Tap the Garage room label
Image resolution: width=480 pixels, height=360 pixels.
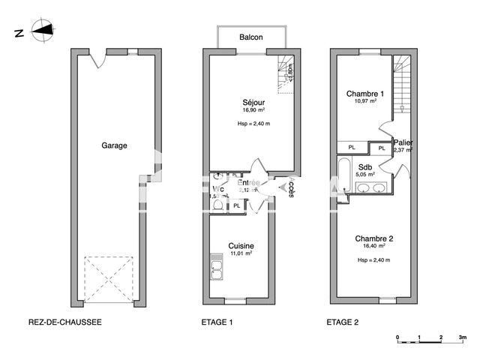[x=114, y=145]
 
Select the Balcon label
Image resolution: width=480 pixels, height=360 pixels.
[x=250, y=37]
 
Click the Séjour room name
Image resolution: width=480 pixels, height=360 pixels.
[x=253, y=102]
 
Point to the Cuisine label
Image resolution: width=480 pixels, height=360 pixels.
[x=241, y=245]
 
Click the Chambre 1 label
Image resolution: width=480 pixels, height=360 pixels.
[x=364, y=94]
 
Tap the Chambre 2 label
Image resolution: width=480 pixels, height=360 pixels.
[x=375, y=238]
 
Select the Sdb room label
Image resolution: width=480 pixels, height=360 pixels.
[x=365, y=166]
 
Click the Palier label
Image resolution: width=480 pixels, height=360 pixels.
[x=403, y=142]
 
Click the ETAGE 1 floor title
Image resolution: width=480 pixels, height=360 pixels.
[x=217, y=322]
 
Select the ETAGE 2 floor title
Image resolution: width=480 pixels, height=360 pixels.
[x=342, y=322]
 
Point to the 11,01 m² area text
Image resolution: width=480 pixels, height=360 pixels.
[x=241, y=253]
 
